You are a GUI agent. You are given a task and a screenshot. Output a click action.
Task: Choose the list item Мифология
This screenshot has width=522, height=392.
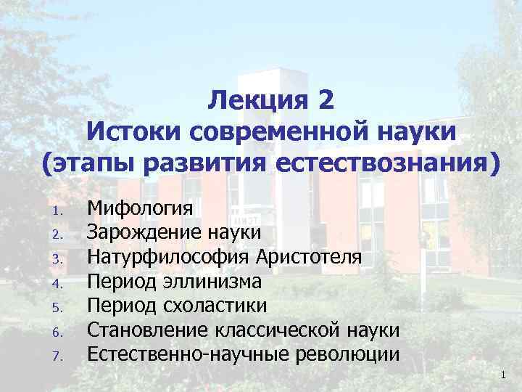click(140, 210)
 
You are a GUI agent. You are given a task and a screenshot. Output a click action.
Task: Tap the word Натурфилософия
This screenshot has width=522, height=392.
click(169, 258)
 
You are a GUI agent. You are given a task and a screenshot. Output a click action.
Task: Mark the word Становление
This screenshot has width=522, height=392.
click(148, 330)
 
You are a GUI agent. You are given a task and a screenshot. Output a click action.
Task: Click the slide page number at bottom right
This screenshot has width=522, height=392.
click(502, 374)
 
